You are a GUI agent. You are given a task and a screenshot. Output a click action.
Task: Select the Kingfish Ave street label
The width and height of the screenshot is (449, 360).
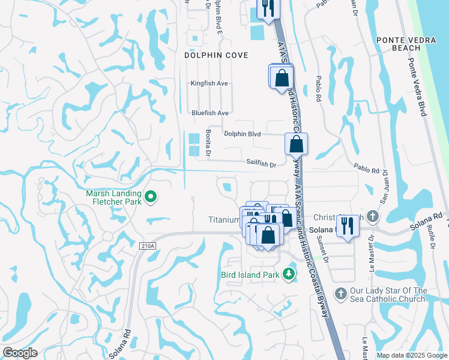[x=209, y=83]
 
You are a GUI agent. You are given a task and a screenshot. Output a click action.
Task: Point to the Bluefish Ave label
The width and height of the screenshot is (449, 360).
[x=210, y=113]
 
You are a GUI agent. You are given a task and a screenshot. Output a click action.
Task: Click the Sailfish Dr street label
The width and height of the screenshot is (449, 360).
[x=261, y=163]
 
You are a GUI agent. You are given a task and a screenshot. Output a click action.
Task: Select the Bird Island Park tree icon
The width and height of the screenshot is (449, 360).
[x=289, y=274]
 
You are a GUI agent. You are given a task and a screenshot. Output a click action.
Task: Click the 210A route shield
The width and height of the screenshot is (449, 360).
[x=146, y=245]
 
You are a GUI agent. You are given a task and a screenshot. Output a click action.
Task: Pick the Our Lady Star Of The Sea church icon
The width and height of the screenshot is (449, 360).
[x=340, y=294]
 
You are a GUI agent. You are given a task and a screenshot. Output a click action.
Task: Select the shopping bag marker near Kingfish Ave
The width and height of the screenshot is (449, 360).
[x=281, y=77]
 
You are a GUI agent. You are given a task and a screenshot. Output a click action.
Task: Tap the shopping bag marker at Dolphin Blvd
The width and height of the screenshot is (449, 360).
[x=297, y=145]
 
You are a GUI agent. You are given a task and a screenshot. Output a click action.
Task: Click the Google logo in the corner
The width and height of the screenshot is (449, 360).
[x=20, y=353]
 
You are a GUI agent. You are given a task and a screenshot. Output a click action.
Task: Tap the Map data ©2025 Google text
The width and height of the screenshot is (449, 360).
[x=412, y=355]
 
